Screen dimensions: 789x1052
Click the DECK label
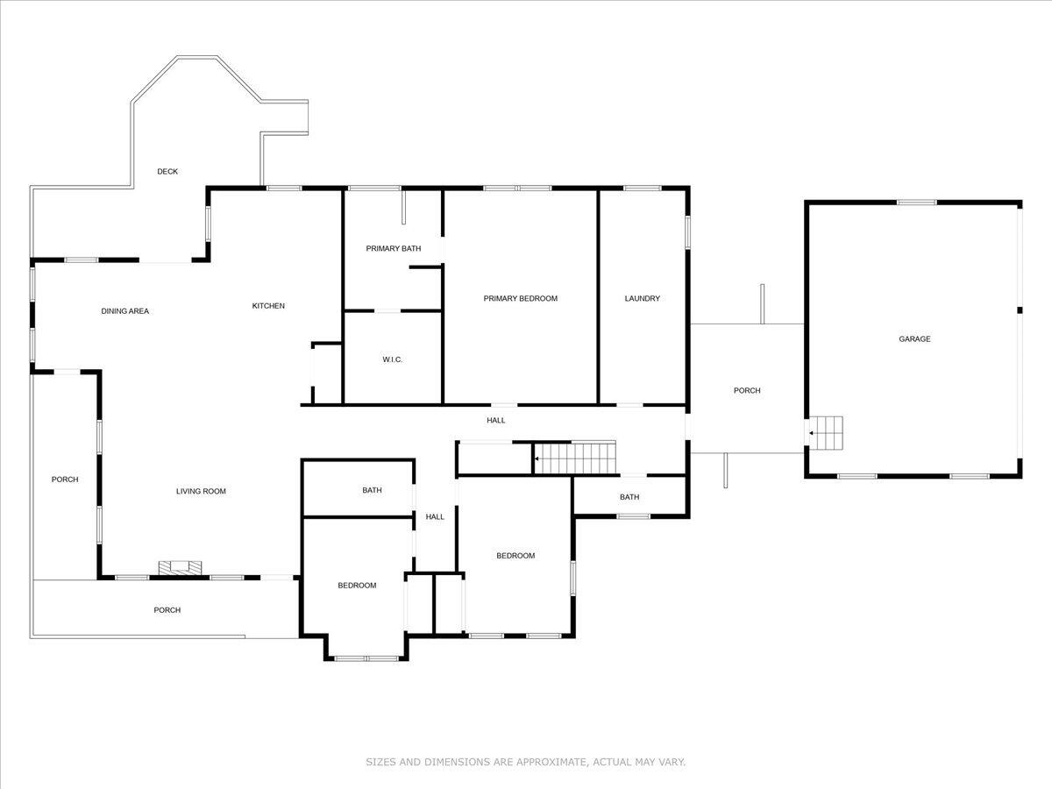click(x=167, y=172)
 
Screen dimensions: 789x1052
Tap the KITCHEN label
click(x=268, y=306)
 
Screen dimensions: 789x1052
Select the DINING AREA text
click(x=124, y=311)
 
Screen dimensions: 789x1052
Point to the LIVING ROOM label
click(x=201, y=492)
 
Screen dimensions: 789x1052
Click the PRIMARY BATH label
click(x=393, y=249)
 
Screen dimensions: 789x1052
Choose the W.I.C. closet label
click(x=392, y=360)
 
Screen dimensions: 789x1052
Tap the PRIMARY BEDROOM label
click(x=520, y=299)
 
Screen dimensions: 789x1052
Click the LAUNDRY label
click(x=642, y=299)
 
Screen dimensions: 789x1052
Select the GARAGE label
click(x=914, y=339)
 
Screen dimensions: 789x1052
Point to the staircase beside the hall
click(x=575, y=457)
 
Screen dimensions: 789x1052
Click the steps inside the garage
click(x=826, y=433)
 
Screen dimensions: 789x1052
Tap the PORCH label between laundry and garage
click(x=747, y=391)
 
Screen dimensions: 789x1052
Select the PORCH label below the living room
click(x=167, y=610)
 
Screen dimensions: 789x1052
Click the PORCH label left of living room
click(x=65, y=480)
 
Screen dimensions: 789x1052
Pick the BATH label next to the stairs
click(x=629, y=498)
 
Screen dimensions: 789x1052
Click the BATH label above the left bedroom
click(x=372, y=491)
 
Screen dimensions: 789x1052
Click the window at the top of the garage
click(x=915, y=203)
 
